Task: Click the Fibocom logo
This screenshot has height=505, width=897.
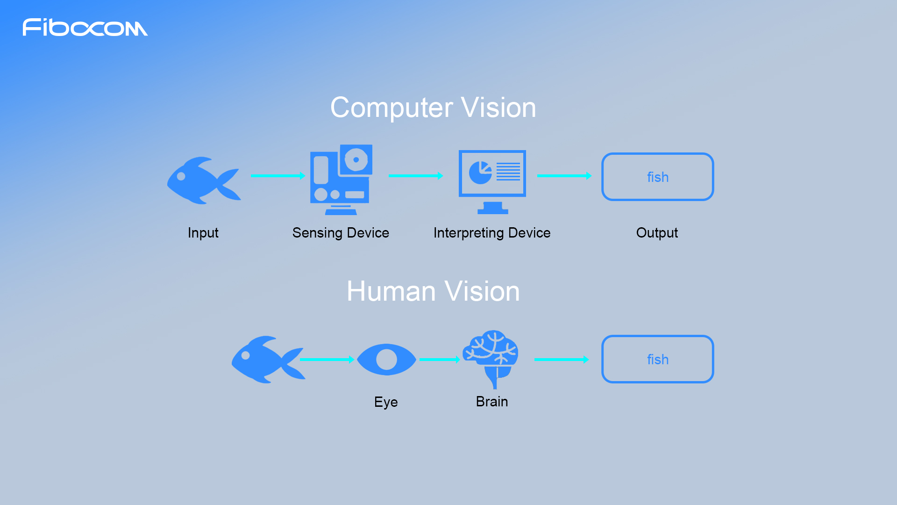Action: (x=85, y=28)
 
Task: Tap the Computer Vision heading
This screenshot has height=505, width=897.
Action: (x=433, y=108)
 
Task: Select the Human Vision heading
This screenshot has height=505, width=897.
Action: (x=433, y=291)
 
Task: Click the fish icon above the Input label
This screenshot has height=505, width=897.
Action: (x=203, y=180)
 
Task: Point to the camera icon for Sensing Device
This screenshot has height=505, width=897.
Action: (x=341, y=180)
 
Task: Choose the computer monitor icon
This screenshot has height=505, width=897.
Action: (x=492, y=181)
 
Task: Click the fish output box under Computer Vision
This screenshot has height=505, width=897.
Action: (x=657, y=177)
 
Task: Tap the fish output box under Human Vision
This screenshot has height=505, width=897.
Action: (x=657, y=359)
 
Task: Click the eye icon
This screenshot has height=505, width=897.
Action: (x=386, y=360)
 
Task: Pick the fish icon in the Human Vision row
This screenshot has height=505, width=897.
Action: (x=267, y=360)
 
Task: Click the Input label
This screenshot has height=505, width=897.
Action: (x=203, y=233)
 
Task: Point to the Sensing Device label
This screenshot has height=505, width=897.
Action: (x=341, y=233)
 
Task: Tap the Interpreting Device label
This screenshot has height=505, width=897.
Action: (x=492, y=233)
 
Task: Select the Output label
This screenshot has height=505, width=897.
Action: (x=657, y=233)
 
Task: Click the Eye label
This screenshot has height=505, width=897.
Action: (x=386, y=402)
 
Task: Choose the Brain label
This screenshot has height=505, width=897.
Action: (x=491, y=402)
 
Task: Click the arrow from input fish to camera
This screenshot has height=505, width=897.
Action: (x=278, y=176)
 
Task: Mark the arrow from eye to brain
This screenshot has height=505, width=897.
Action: (x=440, y=360)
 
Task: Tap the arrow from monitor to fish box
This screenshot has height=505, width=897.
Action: (x=564, y=176)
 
